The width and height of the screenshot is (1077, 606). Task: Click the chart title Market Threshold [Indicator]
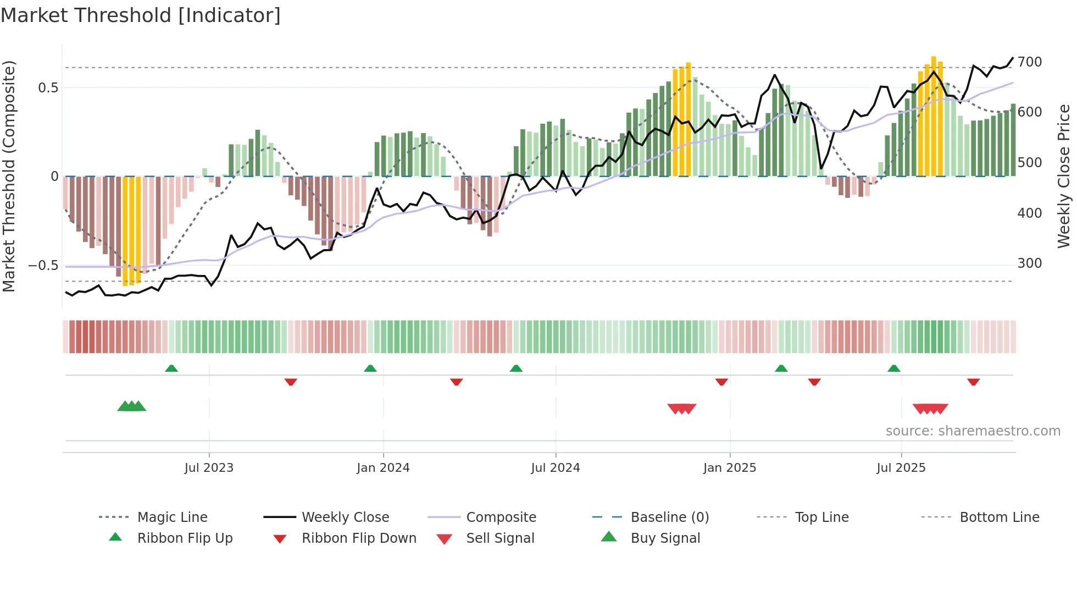pyautogui.click(x=141, y=15)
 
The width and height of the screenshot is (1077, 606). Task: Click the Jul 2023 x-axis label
pyautogui.click(x=209, y=468)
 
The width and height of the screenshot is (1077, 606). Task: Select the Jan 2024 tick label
pyautogui.click(x=383, y=468)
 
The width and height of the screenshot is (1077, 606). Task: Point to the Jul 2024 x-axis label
pyautogui.click(x=555, y=468)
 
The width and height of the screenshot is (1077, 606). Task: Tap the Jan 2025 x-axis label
pyautogui.click(x=729, y=468)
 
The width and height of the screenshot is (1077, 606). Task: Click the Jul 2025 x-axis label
pyautogui.click(x=901, y=468)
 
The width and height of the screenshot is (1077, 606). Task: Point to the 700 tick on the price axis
pyautogui.click(x=1029, y=62)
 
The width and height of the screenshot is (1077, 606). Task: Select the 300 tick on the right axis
pyautogui.click(x=1029, y=263)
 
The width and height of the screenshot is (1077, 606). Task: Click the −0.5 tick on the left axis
pyautogui.click(x=43, y=266)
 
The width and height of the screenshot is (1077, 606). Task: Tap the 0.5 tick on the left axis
pyautogui.click(x=48, y=88)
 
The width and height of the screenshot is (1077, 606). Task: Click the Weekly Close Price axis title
pyautogui.click(x=1064, y=176)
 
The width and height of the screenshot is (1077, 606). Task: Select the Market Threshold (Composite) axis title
pyautogui.click(x=9, y=176)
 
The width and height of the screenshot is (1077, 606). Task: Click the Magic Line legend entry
pyautogui.click(x=172, y=517)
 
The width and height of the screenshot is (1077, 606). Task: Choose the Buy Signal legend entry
pyautogui.click(x=665, y=538)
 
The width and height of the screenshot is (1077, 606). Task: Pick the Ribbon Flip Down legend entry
pyautogui.click(x=358, y=538)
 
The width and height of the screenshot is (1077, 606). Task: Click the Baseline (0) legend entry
pyautogui.click(x=669, y=517)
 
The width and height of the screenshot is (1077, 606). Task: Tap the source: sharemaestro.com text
pyautogui.click(x=973, y=431)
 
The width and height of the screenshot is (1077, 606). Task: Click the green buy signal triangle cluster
pyautogui.click(x=132, y=406)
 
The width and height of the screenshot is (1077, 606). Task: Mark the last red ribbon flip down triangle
pyautogui.click(x=973, y=382)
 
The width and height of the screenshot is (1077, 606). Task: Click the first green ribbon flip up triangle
pyautogui.click(x=171, y=368)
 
